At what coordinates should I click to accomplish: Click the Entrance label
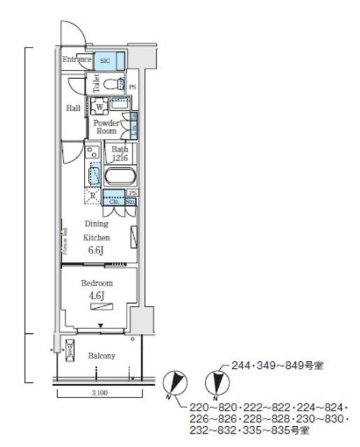76,60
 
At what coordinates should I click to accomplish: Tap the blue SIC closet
105,61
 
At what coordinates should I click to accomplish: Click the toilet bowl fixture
111,85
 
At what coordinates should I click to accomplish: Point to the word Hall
73,108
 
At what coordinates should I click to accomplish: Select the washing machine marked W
99,107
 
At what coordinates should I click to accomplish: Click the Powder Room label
106,126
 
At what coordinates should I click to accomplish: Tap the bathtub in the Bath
120,175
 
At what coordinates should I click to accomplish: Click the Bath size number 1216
119,157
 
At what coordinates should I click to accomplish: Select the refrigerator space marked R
92,196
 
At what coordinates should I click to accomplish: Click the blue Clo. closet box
112,201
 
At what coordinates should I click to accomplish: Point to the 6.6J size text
97,249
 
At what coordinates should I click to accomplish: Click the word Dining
96,224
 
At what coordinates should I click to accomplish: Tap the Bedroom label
97,284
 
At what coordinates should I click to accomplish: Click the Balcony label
101,356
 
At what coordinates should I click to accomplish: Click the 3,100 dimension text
99,393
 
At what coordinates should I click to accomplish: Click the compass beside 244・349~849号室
219,382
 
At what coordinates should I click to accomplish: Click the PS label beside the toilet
132,86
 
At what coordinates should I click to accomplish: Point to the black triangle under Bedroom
100,325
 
